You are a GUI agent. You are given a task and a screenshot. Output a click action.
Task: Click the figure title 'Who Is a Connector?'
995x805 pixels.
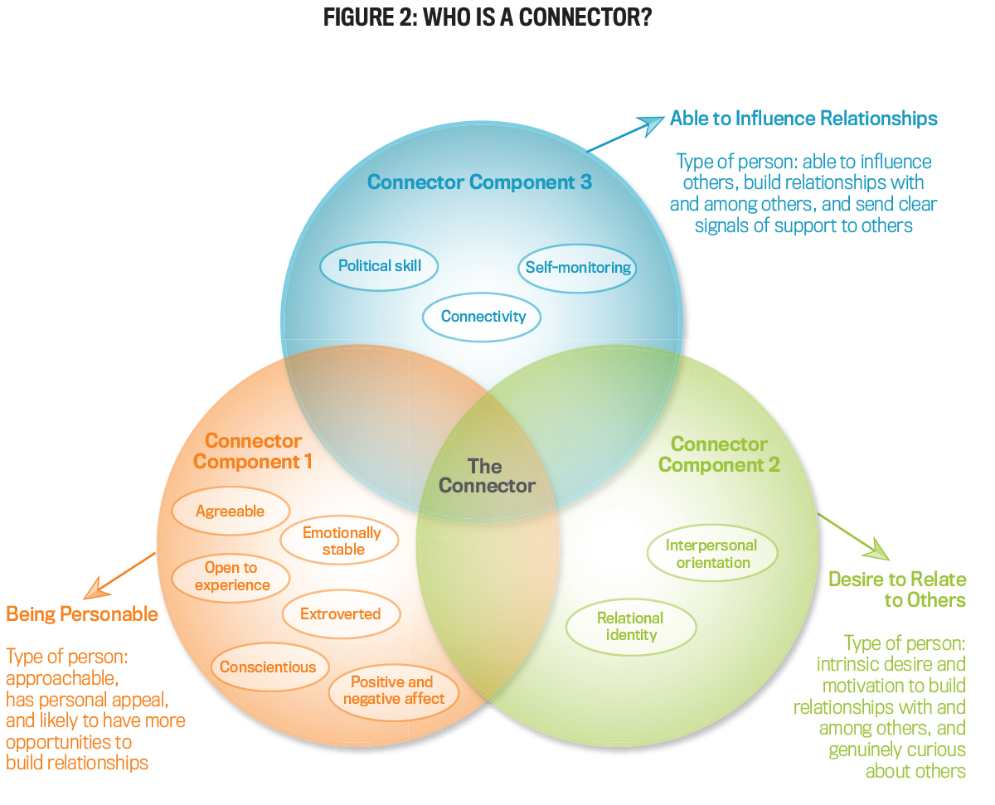click(487, 17)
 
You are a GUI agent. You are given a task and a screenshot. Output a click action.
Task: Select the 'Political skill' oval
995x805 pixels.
click(380, 266)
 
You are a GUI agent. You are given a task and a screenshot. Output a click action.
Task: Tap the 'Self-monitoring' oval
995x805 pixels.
click(579, 268)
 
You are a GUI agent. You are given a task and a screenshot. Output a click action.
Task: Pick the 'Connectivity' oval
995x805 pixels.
click(483, 317)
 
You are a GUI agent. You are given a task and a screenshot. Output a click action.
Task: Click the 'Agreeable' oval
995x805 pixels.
click(230, 512)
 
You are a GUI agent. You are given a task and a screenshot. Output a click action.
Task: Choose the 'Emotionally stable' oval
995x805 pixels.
click(341, 541)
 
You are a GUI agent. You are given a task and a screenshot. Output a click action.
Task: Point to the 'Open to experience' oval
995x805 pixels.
click(231, 576)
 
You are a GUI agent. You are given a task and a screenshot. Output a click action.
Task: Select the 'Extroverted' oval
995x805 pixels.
click(340, 614)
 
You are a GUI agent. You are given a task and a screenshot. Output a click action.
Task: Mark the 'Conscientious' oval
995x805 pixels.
click(268, 667)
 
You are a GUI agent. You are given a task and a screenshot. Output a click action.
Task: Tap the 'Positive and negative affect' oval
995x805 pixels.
click(393, 691)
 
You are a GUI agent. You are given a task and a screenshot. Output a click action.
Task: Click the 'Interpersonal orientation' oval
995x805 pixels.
click(711, 554)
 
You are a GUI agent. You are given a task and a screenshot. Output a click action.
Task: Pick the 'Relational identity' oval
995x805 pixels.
click(630, 627)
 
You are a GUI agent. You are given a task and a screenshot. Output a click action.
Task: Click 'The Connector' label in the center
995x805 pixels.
click(487, 476)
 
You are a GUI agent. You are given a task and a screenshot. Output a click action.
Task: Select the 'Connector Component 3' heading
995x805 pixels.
click(479, 182)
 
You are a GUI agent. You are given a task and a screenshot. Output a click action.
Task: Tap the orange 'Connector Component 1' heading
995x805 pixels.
click(253, 451)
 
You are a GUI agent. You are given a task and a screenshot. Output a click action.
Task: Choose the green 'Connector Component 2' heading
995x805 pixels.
click(719, 454)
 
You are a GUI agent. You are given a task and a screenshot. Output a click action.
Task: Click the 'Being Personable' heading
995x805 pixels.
click(82, 614)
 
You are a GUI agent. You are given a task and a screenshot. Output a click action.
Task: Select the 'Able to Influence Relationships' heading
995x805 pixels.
click(803, 119)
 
